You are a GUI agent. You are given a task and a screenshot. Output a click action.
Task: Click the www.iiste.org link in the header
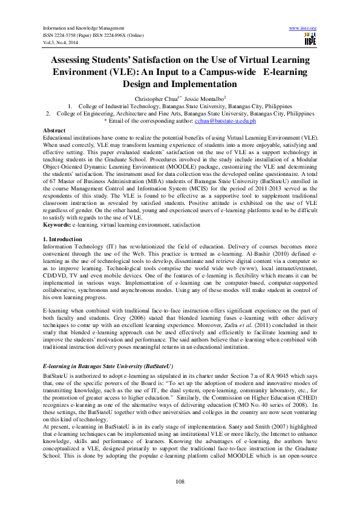pos(303,28)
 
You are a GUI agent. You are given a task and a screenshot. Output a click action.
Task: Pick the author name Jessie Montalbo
pos(203,98)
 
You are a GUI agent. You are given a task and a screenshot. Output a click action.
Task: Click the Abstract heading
pos(55,131)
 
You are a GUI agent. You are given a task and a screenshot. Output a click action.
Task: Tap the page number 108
pos(180,481)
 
